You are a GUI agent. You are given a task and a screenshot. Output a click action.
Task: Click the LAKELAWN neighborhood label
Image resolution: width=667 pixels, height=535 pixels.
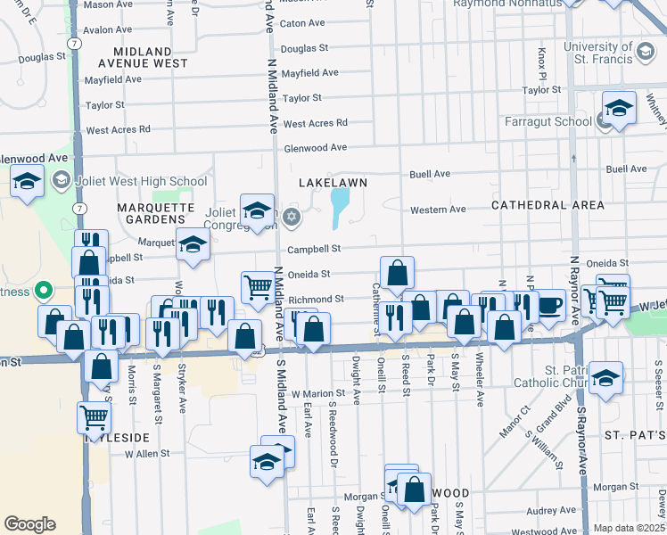(332, 181)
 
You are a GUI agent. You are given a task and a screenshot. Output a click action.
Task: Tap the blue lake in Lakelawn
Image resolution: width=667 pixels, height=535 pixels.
(340, 208)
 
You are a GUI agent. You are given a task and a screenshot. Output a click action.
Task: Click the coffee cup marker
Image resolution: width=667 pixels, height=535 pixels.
(549, 305)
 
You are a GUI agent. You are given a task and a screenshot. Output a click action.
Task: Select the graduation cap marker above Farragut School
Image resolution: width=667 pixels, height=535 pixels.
(619, 108)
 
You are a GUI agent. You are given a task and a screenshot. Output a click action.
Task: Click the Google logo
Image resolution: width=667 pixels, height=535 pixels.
(29, 523)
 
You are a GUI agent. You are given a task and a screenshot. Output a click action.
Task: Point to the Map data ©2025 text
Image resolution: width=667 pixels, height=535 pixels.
(629, 528)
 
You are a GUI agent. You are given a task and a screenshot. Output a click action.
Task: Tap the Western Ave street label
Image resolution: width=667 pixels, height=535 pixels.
(438, 210)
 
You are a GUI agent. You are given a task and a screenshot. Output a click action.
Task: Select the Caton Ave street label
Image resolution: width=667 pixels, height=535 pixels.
(302, 23)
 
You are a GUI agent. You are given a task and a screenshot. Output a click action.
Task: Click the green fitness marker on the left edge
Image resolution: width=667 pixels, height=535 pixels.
(42, 292)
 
